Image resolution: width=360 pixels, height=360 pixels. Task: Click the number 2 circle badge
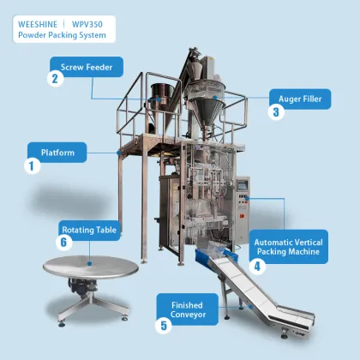click(55, 79)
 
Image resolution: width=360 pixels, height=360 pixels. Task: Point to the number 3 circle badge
click(277, 111)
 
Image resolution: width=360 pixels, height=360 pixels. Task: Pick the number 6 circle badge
click(63, 243)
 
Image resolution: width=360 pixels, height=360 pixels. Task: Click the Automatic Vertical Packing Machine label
click(285, 247)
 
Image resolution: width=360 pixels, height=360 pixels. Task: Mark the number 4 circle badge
click(258, 266)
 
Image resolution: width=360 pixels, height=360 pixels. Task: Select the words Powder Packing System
click(62, 35)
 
